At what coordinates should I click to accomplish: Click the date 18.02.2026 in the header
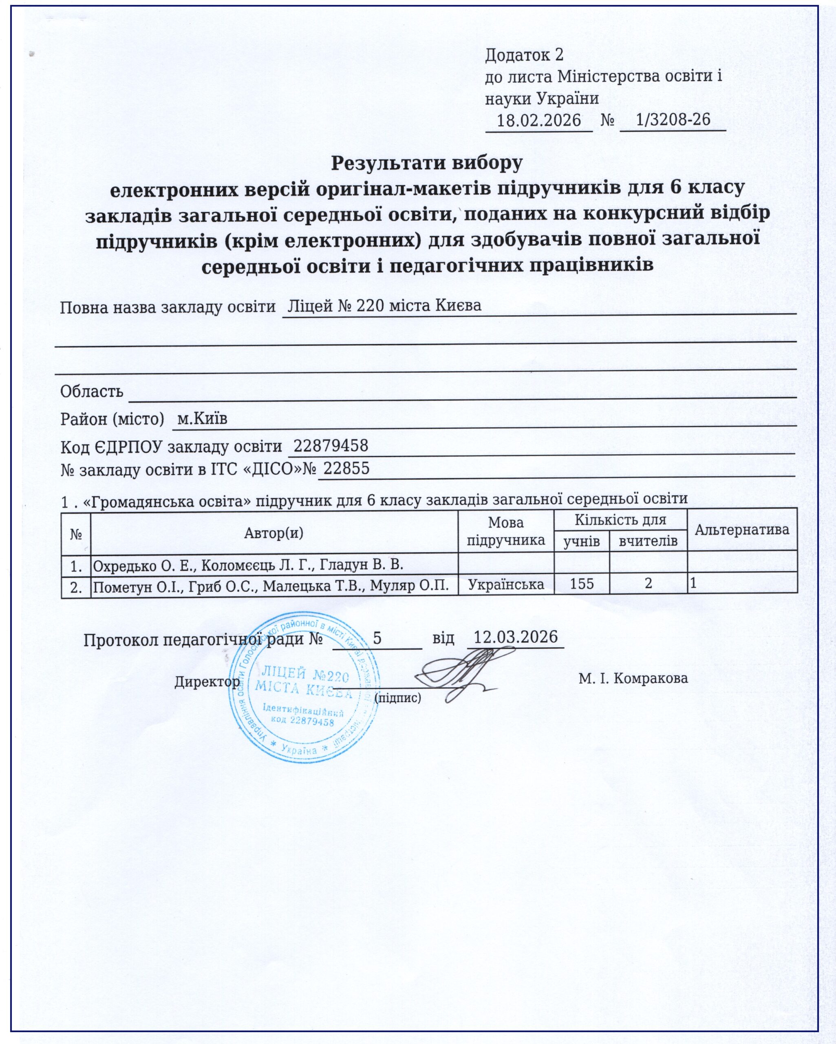539,119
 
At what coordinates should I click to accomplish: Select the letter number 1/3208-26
673,119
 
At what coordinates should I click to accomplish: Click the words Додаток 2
524,55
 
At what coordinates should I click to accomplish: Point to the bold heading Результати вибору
426,163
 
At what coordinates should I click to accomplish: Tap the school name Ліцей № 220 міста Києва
384,305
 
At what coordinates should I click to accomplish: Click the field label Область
91,391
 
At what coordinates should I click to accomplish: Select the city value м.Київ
202,418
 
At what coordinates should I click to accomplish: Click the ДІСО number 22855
346,468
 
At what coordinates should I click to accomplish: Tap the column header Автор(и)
274,533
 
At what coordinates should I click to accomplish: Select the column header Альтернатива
741,529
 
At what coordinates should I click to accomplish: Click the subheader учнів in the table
581,541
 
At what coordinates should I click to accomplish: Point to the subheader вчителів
648,541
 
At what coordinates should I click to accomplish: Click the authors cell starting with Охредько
248,564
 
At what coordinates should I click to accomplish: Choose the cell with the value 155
581,584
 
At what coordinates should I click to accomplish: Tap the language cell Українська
506,584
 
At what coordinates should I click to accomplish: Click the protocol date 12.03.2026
516,637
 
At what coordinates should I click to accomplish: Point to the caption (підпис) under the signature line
398,698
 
